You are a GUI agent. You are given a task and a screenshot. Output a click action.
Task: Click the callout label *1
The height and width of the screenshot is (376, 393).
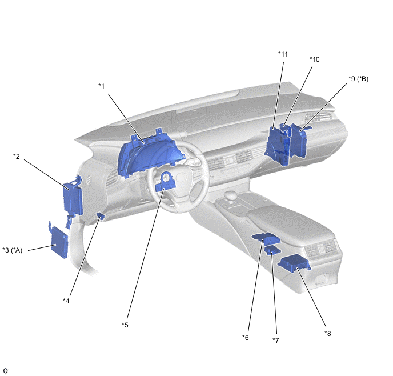(x=101, y=86)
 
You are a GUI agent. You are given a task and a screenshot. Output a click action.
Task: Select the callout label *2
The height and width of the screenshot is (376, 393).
(x=17, y=157)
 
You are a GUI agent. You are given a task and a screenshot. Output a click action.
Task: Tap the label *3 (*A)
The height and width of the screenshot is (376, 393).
(x=13, y=250)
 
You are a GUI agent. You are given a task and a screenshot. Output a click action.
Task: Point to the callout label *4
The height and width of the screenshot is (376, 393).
(x=66, y=301)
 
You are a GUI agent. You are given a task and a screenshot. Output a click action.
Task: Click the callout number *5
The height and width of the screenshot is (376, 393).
(x=125, y=325)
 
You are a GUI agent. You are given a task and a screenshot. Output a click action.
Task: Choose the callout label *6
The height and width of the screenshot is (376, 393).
(x=246, y=338)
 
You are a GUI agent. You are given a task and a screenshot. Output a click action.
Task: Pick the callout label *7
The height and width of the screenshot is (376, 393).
(x=275, y=341)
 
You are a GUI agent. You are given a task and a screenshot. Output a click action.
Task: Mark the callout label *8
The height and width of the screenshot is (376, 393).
(x=327, y=334)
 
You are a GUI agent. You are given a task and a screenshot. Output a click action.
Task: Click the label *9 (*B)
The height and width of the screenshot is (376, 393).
(x=358, y=79)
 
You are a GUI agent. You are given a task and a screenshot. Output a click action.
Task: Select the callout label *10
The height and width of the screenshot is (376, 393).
(x=315, y=59)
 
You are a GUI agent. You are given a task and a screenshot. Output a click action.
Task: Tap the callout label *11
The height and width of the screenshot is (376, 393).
(x=283, y=54)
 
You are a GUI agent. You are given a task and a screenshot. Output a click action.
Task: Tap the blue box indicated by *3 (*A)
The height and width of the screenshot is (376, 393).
(x=59, y=242)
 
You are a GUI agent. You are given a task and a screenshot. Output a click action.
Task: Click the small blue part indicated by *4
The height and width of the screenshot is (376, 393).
(x=101, y=215)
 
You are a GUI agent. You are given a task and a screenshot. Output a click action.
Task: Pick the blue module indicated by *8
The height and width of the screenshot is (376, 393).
(x=295, y=263)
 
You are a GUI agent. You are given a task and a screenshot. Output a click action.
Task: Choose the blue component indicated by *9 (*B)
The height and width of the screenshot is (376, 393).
(x=299, y=142)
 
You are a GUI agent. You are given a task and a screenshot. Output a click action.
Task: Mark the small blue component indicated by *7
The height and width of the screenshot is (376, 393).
(x=272, y=250)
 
